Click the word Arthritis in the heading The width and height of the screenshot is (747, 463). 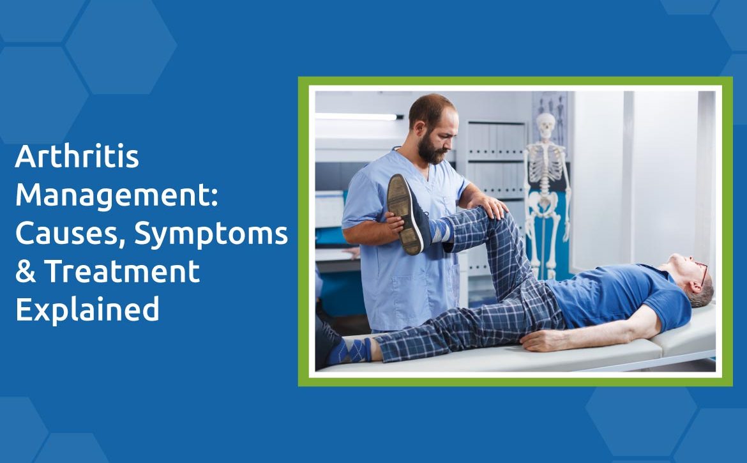coord(77,156)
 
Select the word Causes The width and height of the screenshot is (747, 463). coord(70,234)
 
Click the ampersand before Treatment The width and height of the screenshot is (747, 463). coord(26,271)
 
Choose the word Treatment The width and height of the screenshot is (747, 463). coord(122,271)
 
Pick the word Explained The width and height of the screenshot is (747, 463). coord(87,310)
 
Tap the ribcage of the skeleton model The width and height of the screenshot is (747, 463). coord(546,165)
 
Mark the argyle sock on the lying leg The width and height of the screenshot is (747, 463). coord(350,351)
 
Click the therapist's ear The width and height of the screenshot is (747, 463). coord(419,127)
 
